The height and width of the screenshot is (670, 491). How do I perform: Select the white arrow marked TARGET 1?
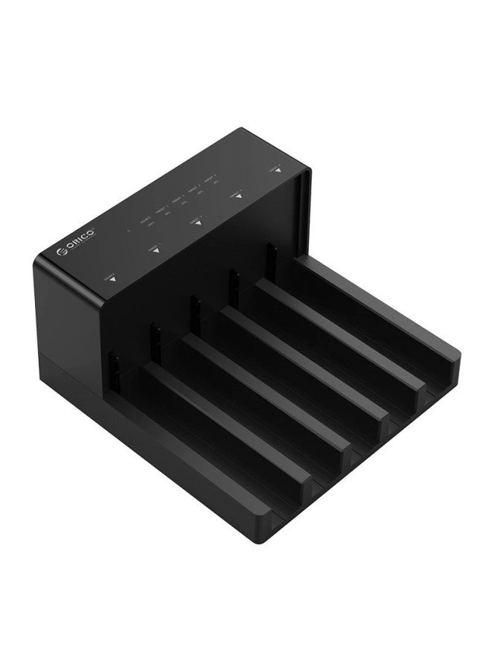click(155, 253)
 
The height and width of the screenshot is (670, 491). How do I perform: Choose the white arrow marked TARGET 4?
click(277, 171)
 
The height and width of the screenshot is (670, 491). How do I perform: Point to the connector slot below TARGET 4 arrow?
click(271, 255)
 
